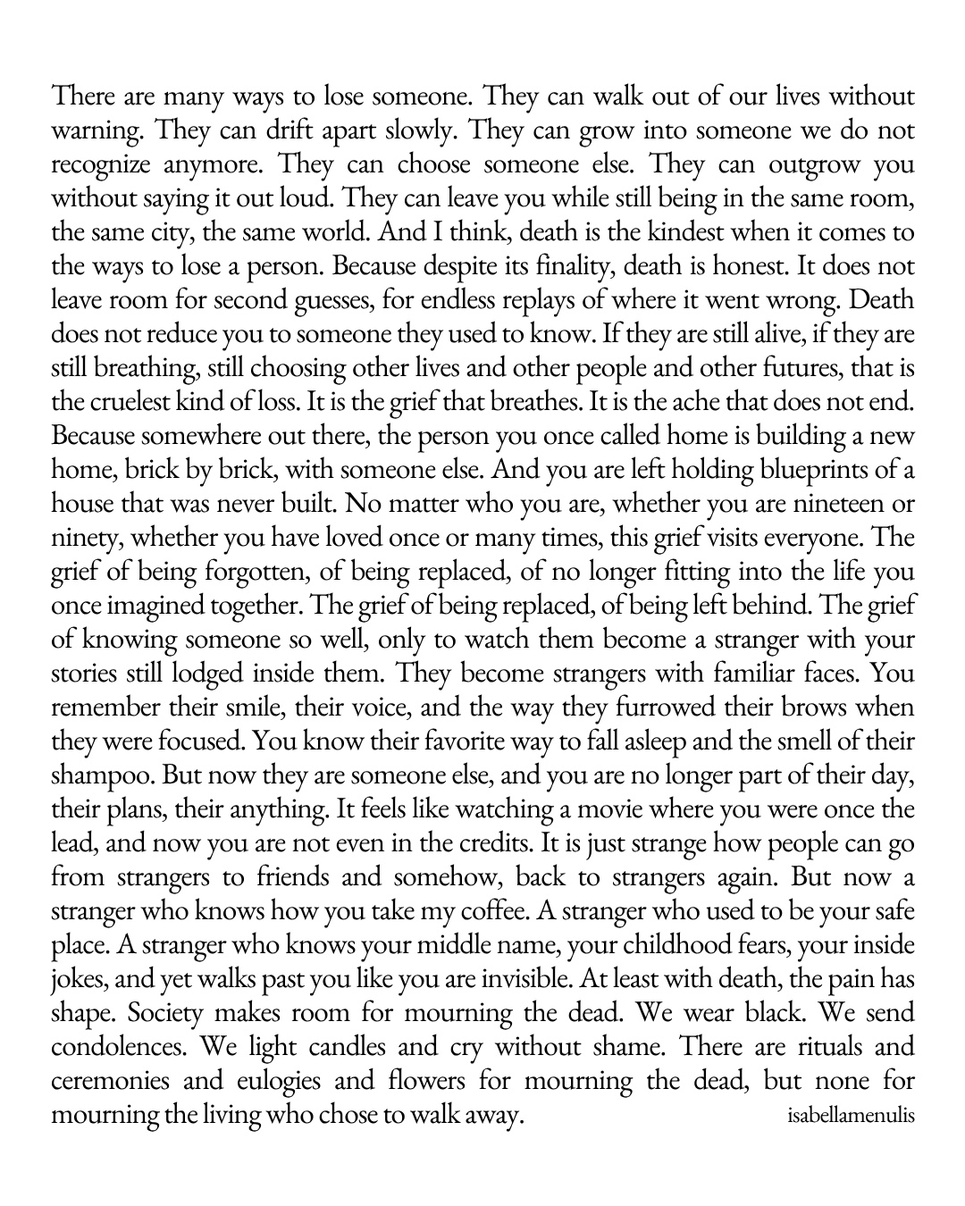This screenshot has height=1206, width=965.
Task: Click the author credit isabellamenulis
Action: pyautogui.click(x=852, y=1117)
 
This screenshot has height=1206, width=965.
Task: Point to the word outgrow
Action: pyautogui.click(x=801, y=165)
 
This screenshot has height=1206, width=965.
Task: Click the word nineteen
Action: pyautogui.click(x=835, y=505)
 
